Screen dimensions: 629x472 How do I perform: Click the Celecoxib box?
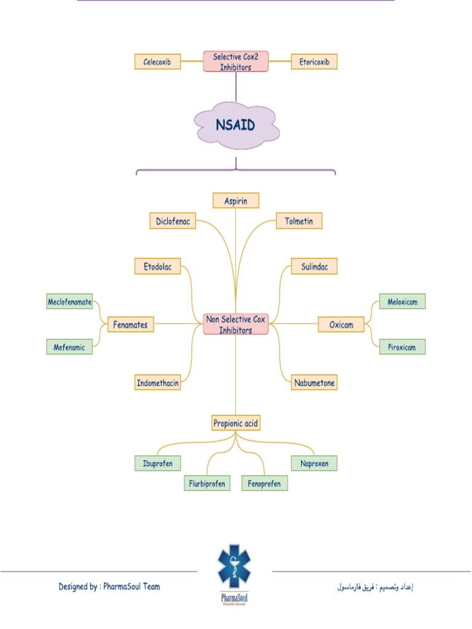pos(157,61)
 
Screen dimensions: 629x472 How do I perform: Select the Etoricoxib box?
pos(313,61)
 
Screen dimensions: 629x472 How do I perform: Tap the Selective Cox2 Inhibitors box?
pos(236,61)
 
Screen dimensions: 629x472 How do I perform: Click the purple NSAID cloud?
pos(236,125)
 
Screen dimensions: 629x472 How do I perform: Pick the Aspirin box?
pos(236,200)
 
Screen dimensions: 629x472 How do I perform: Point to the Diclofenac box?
pos(173,221)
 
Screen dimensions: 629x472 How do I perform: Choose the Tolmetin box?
pos(299,221)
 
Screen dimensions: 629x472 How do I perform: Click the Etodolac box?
pos(158,266)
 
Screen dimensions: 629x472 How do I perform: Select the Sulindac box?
pos(313,266)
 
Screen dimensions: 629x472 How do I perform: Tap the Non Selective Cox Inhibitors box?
pos(236,324)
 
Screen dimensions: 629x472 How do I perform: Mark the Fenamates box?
pos(130,324)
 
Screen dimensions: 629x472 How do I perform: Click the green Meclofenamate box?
pos(69,302)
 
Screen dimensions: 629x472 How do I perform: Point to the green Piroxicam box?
pos(402,347)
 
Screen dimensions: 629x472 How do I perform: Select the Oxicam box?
pos(341,324)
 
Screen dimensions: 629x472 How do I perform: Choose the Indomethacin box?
pos(158,383)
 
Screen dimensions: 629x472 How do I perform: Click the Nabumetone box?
pos(313,383)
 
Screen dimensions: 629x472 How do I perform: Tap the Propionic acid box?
pos(236,423)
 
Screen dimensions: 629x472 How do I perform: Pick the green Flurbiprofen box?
pos(206,483)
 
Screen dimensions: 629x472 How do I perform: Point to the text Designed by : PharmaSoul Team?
pos(109,587)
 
